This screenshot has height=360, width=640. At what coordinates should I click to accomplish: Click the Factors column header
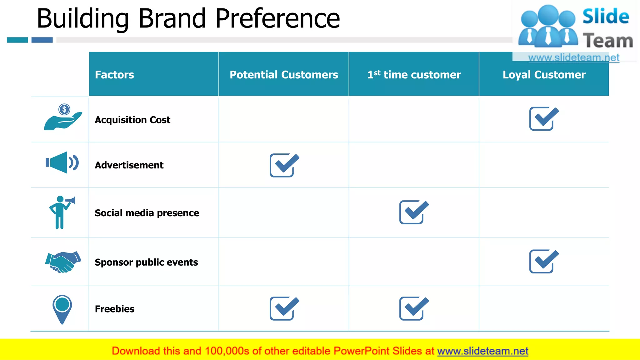click(114, 75)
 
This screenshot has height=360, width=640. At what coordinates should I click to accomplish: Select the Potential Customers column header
click(284, 75)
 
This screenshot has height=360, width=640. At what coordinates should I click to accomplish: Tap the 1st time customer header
click(414, 75)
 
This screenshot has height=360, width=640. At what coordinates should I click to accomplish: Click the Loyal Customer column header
click(544, 75)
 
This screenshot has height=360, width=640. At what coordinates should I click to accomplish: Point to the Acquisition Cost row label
click(132, 120)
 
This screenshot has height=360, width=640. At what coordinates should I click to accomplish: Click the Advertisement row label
click(129, 165)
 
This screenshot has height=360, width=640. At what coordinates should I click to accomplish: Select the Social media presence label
click(147, 213)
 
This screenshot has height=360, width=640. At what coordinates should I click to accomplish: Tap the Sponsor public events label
click(146, 262)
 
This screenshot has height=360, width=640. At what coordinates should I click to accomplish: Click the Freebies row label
click(115, 309)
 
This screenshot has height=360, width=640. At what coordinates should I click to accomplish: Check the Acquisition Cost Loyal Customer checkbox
click(543, 119)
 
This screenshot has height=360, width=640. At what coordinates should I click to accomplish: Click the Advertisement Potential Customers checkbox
click(284, 165)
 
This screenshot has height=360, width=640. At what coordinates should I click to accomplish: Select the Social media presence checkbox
click(413, 212)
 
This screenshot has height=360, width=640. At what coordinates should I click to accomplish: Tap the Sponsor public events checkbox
click(543, 261)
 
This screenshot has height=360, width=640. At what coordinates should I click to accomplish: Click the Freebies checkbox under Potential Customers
click(284, 308)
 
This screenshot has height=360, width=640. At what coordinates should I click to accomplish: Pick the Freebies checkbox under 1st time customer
click(413, 308)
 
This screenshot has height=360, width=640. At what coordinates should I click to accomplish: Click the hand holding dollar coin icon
click(63, 118)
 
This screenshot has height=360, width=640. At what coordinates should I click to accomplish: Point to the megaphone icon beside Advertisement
click(62, 162)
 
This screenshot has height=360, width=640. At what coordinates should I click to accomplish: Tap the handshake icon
click(63, 262)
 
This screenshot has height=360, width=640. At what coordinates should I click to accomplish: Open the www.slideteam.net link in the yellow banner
click(482, 351)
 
